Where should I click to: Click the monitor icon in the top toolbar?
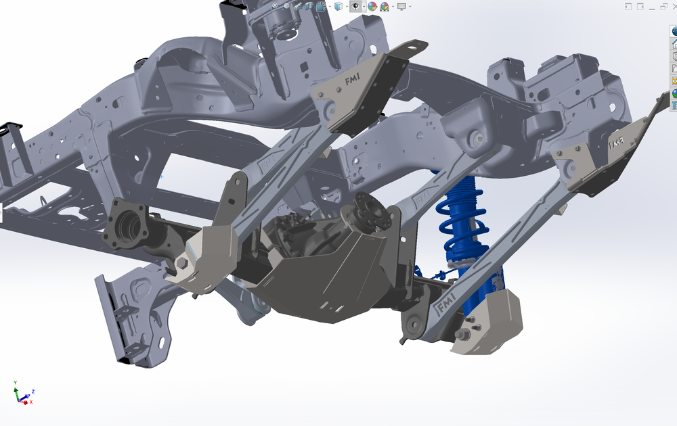401,6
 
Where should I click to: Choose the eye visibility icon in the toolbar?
355,6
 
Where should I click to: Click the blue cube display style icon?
338,6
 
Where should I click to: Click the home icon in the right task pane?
674,43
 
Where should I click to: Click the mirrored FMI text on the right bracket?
616,143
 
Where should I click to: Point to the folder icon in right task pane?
674,68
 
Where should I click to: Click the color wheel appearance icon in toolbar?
372,6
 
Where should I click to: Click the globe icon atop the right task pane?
674,31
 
